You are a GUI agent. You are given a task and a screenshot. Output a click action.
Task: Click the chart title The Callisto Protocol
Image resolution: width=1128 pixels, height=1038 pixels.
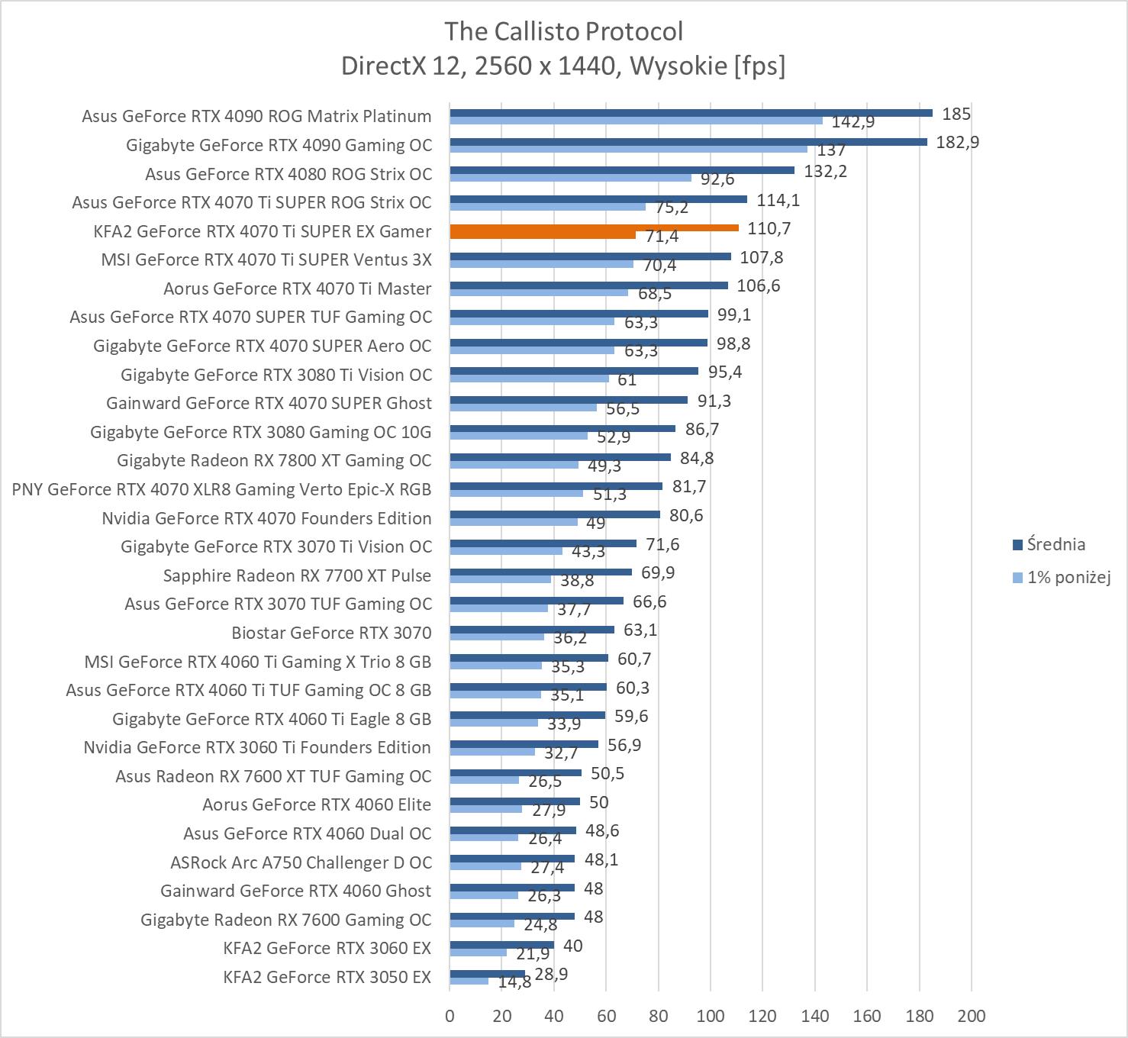[x=563, y=31]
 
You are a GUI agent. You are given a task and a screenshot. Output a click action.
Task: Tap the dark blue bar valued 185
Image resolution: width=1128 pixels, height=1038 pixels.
[x=691, y=113]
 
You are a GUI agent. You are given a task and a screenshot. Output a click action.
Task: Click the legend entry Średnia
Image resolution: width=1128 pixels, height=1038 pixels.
[x=1055, y=544]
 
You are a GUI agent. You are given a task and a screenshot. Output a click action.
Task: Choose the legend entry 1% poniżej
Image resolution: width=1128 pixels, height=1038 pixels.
[x=1068, y=577]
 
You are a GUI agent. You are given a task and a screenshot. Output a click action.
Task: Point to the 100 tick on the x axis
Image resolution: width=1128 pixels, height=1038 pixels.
[x=711, y=1016]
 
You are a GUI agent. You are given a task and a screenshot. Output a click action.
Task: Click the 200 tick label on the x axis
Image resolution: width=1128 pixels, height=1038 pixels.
[x=971, y=1016]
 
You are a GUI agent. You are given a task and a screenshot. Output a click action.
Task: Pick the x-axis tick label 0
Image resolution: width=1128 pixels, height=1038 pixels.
[x=450, y=1016]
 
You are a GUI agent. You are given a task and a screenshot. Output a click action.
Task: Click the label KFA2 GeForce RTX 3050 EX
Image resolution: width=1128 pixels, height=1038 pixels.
[x=327, y=977]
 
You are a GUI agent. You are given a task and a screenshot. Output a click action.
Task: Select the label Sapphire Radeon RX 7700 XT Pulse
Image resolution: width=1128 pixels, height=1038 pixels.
[x=297, y=575]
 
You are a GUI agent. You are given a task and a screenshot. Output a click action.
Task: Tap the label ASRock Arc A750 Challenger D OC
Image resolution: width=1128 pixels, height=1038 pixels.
[x=301, y=862]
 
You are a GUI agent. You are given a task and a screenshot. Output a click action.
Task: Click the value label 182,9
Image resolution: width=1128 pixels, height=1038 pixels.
[x=957, y=142]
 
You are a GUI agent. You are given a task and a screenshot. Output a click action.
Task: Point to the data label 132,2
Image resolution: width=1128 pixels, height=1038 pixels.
[x=826, y=171]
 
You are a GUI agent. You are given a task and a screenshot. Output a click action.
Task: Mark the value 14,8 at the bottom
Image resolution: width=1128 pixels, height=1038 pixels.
[x=514, y=982]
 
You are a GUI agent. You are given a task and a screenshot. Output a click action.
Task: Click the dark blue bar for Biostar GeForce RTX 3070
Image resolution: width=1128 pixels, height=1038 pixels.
[x=532, y=630]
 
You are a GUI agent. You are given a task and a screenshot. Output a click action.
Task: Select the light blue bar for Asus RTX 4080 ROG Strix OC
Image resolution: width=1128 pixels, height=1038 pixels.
[x=570, y=178]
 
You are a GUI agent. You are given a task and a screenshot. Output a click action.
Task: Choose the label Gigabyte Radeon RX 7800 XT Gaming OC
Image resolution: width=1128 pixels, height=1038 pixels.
[x=274, y=460]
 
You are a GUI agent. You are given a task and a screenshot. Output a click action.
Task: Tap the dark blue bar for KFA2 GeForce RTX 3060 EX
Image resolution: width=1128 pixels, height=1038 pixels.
[x=501, y=945]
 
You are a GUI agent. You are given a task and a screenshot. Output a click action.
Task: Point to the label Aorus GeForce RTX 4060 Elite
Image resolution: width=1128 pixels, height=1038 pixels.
[x=317, y=804]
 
